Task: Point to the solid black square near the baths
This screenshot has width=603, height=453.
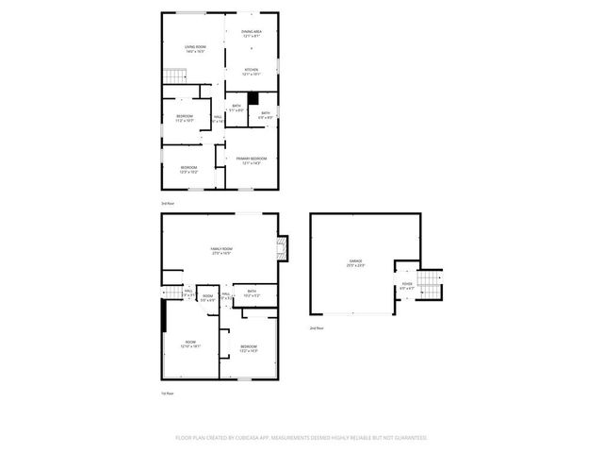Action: pyautogui.click(x=253, y=109)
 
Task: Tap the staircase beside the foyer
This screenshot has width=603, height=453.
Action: pyautogui.click(x=430, y=282)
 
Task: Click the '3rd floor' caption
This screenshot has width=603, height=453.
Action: pyautogui.click(x=168, y=203)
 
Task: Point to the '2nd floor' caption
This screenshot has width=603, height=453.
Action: pyautogui.click(x=317, y=327)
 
